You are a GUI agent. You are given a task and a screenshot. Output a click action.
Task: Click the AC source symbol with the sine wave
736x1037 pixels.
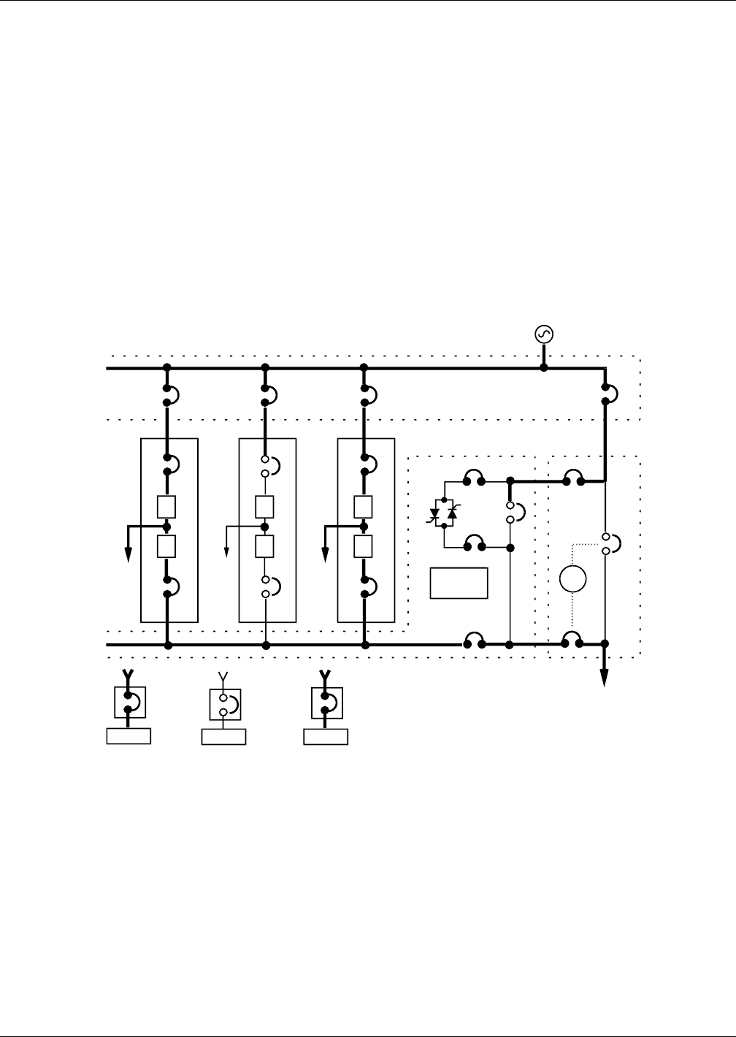tap(544, 334)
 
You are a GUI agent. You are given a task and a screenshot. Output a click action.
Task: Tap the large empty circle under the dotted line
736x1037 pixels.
tap(572, 579)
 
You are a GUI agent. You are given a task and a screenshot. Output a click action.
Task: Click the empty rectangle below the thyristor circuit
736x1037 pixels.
tap(459, 583)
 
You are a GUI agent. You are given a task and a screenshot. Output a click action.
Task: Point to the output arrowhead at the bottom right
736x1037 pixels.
tap(605, 678)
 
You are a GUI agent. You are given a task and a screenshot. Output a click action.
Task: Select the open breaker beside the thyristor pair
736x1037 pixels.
tap(511, 511)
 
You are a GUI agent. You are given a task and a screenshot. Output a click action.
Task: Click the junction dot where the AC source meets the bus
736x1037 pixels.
tap(544, 367)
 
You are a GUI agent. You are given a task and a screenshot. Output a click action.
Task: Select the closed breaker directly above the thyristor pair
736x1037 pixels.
tap(474, 480)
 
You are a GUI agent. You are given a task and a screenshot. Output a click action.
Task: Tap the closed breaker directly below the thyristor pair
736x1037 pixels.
tap(474, 545)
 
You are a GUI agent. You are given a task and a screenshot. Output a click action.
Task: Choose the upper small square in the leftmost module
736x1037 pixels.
tap(167, 506)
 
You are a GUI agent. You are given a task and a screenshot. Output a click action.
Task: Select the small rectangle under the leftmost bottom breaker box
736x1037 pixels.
tap(129, 736)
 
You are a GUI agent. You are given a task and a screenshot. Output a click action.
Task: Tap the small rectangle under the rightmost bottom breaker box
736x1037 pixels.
tap(326, 736)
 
